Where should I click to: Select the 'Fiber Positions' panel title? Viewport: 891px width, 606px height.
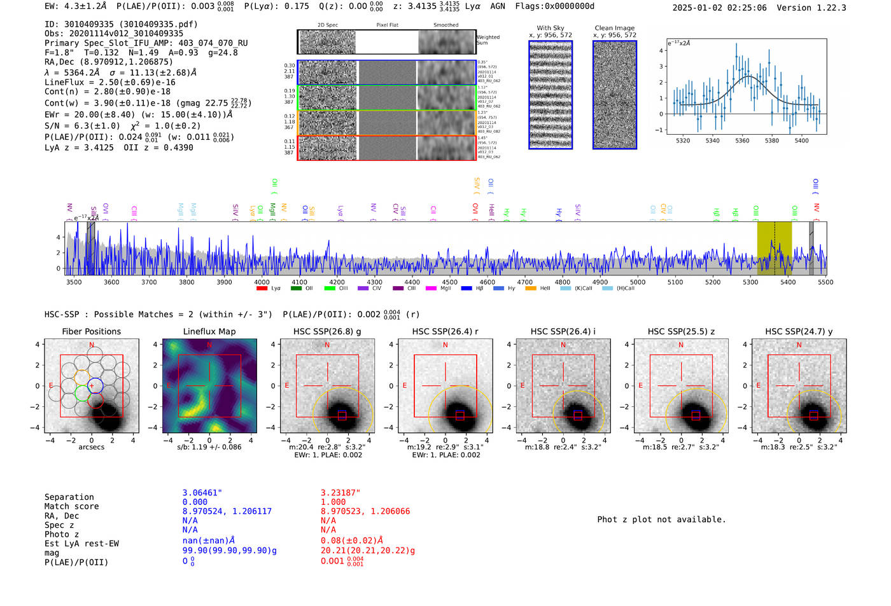pyautogui.click(x=91, y=331)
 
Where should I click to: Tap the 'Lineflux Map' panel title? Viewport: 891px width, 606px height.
pyautogui.click(x=209, y=331)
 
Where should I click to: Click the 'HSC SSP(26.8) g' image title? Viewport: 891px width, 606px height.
pyautogui.click(x=327, y=331)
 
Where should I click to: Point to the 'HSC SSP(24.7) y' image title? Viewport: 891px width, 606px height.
pyautogui.click(x=799, y=331)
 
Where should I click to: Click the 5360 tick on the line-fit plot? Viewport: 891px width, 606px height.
pyautogui.click(x=742, y=141)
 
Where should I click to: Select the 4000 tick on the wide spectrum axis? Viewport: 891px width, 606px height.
pyautogui.click(x=262, y=282)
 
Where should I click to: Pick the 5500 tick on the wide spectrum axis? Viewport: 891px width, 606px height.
pyautogui.click(x=825, y=282)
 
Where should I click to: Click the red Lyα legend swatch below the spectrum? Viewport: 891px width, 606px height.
pyautogui.click(x=262, y=289)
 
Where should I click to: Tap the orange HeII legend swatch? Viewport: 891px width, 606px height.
pyautogui.click(x=531, y=289)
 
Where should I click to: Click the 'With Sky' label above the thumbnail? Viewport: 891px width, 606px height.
pyautogui.click(x=551, y=28)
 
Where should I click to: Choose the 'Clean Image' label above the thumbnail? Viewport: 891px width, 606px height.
pyautogui.click(x=614, y=28)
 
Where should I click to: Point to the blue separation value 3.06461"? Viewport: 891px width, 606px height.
pyautogui.click(x=202, y=493)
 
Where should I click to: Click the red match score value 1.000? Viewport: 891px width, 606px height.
pyautogui.click(x=333, y=502)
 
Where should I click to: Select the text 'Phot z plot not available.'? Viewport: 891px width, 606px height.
pyautogui.click(x=661, y=520)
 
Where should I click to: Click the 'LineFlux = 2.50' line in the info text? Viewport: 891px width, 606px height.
pyautogui.click(x=109, y=83)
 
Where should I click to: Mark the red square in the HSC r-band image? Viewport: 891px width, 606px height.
pyautogui.click(x=460, y=416)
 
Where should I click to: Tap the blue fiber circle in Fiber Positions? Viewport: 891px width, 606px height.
pyautogui.click(x=95, y=385)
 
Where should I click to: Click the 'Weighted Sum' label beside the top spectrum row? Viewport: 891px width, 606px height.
pyautogui.click(x=488, y=40)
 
